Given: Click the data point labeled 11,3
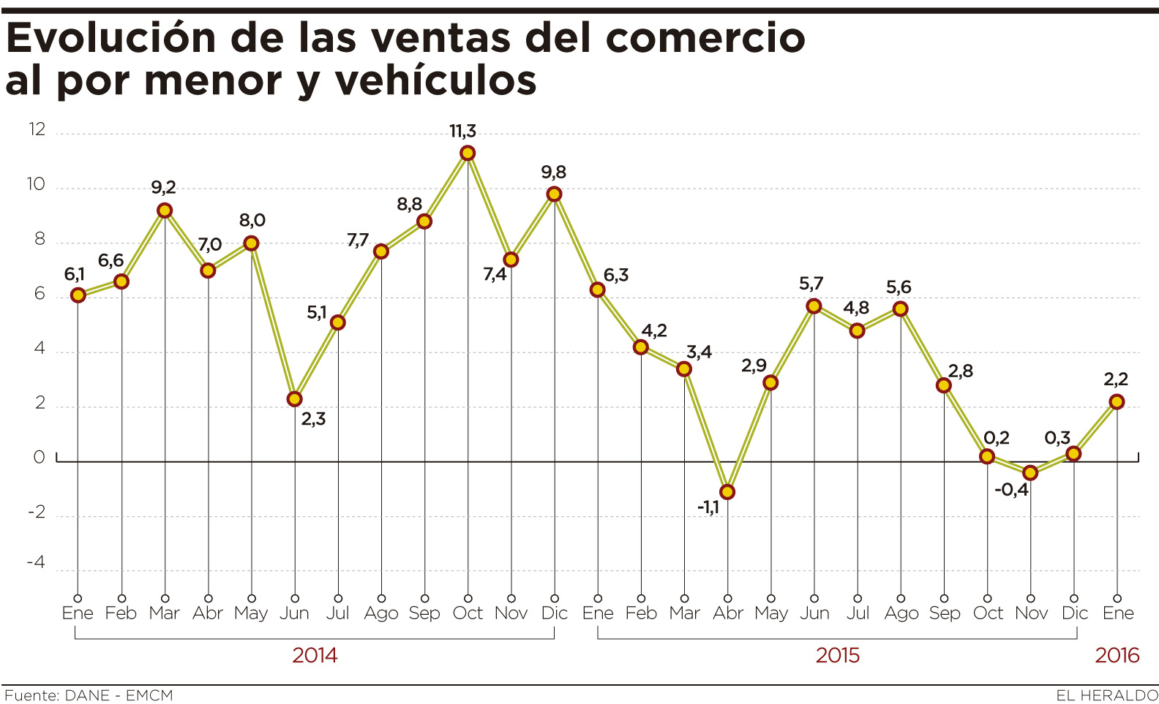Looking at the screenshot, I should pos(468,153).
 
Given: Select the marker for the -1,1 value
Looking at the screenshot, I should pos(727,492).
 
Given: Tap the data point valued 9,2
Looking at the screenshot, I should pos(165,211).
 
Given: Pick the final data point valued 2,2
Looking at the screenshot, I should pos(1117,401).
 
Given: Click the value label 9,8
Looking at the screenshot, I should pos(554,173).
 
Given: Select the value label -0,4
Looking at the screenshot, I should pos(1011,490).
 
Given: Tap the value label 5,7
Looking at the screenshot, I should pos(811,284).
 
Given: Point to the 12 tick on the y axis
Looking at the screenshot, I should pos(37,130).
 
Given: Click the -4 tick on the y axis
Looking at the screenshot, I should pos(36,562).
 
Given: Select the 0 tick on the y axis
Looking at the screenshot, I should pos(40,458).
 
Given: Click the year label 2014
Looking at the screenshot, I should pos(315,655).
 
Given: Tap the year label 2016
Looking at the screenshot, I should pos(1117,655).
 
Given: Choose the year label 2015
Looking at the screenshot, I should pos(838,655).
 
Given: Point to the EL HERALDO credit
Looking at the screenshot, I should pos(1106,695).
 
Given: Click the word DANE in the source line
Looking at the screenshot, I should pos(87,695).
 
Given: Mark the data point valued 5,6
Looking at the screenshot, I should pos(901,309).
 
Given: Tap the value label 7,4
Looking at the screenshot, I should pos(495,275).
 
